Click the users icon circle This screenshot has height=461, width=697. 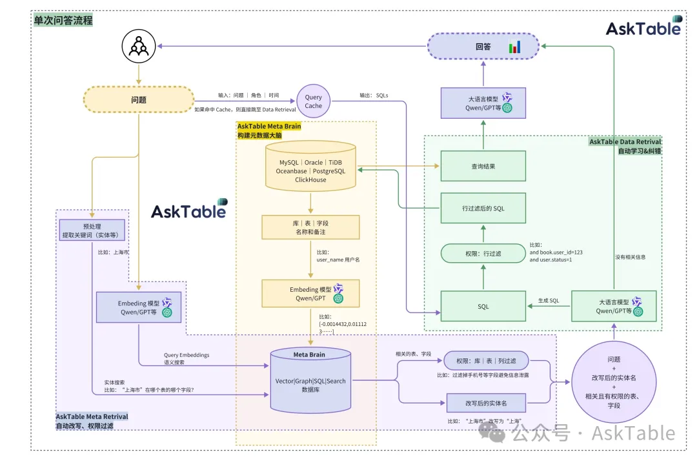[138, 46]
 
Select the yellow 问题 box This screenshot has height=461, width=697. [138, 100]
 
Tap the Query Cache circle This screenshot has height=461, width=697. [313, 101]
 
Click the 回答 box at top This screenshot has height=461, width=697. [484, 46]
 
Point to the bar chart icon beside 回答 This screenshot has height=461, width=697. [515, 46]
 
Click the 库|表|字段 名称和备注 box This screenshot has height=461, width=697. [310, 227]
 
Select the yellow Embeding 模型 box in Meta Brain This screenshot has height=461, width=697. [310, 293]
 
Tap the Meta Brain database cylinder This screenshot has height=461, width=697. [310, 381]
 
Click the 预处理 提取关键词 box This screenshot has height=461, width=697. [92, 230]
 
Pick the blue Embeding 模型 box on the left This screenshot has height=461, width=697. [138, 307]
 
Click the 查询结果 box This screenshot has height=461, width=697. [483, 167]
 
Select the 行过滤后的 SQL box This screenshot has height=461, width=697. [483, 208]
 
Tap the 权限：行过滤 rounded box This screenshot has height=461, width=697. [483, 254]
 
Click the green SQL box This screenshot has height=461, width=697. [483, 306]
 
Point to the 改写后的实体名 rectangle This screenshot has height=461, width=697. [486, 403]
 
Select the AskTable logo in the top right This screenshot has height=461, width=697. [643, 26]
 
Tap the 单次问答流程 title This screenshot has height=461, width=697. [63, 21]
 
